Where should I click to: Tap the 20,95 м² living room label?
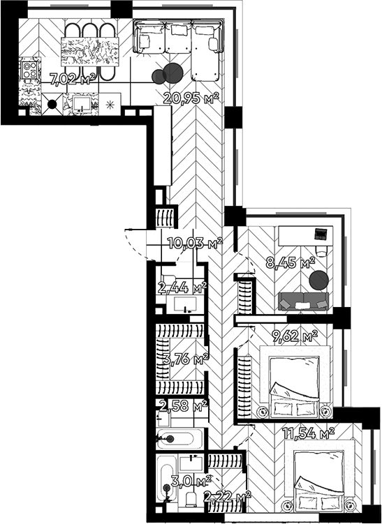click(x=191, y=98)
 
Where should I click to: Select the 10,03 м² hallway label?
click(x=195, y=243)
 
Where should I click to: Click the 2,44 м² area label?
click(x=182, y=287)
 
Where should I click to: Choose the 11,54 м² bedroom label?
click(x=308, y=433)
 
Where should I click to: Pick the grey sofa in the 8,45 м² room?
click(x=304, y=301)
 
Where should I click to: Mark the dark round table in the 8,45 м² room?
click(x=318, y=280)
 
